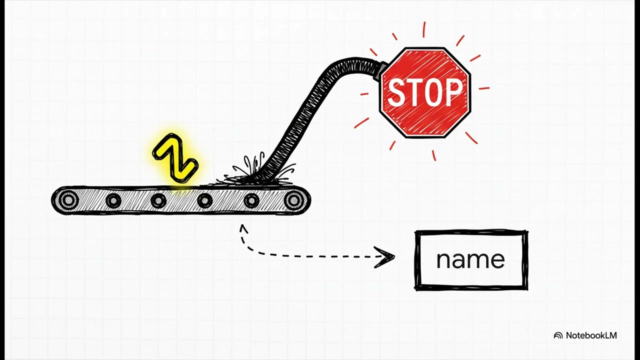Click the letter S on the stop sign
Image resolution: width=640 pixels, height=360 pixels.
pyautogui.click(x=397, y=92)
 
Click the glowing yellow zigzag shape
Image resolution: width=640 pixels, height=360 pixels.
pyautogui.click(x=175, y=157)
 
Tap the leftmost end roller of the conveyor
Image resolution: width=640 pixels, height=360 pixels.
pyautogui.click(x=68, y=200)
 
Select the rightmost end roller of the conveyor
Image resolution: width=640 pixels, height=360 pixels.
pyautogui.click(x=293, y=200)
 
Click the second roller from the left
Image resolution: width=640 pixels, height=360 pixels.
pyautogui.click(x=113, y=200)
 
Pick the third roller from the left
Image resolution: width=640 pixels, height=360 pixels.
pyautogui.click(x=158, y=200)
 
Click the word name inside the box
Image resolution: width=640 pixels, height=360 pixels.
pyautogui.click(x=470, y=260)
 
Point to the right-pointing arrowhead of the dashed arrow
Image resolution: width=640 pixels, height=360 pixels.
pyautogui.click(x=385, y=257)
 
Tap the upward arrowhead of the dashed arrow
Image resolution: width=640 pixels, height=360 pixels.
pyautogui.click(x=243, y=228)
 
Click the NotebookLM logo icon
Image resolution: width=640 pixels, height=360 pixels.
pyautogui.click(x=558, y=335)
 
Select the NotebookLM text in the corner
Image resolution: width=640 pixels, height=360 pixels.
pyautogui.click(x=591, y=335)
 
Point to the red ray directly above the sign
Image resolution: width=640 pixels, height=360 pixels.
pyautogui.click(x=424, y=29)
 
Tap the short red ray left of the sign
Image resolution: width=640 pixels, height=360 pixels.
pyautogui.click(x=364, y=93)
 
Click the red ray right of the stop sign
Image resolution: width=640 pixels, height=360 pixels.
pyautogui.click(x=484, y=88)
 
